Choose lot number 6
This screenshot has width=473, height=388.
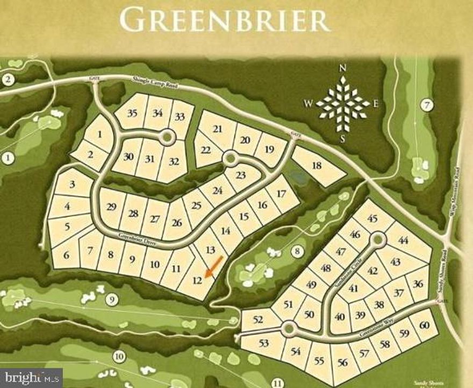(x=66, y=256)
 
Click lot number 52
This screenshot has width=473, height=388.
(x=259, y=319)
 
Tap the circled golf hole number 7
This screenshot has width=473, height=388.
(x=428, y=105)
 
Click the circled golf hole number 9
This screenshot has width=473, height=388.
(x=111, y=300)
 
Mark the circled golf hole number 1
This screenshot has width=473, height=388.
(x=8, y=158)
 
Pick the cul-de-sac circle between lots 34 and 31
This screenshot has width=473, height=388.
(x=168, y=138)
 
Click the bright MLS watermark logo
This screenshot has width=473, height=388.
(x=31, y=377)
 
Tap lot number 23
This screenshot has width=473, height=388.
(x=240, y=175)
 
